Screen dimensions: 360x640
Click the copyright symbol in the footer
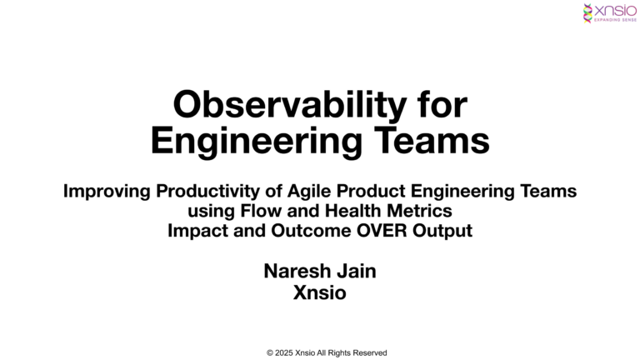270,352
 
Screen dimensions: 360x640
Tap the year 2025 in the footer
284,352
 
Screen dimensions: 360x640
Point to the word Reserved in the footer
369,352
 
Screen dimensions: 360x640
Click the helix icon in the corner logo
589,12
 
